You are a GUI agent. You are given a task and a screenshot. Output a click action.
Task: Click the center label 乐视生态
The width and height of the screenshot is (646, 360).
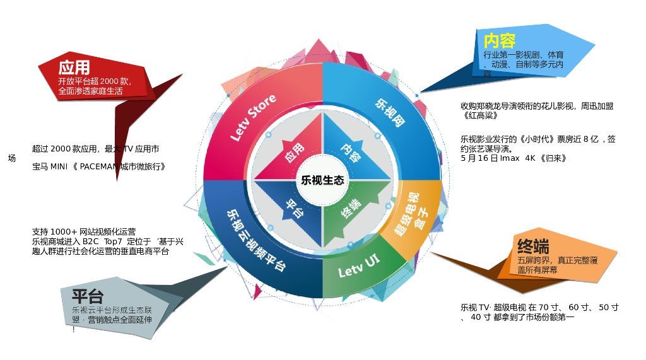323,180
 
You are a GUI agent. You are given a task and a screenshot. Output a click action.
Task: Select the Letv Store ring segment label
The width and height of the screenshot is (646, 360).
253,118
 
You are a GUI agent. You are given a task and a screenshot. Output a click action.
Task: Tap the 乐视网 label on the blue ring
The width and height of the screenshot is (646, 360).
390,113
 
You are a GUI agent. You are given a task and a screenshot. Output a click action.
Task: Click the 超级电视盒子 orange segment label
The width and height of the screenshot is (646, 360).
411,214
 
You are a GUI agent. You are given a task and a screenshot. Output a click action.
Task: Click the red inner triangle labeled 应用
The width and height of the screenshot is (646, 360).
294,153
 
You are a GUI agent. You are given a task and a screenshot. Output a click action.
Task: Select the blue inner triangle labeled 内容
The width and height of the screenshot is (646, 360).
351,153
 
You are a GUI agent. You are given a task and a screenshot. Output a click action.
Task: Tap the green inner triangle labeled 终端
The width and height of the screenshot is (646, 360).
351,208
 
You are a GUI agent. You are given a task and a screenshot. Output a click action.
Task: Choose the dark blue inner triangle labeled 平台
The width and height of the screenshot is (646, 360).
294,208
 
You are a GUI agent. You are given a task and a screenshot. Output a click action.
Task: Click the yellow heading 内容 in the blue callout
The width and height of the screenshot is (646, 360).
500,41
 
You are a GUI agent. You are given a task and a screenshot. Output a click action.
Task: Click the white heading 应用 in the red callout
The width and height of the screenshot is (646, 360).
74,67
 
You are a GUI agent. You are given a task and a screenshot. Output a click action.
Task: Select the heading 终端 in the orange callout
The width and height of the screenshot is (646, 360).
533,247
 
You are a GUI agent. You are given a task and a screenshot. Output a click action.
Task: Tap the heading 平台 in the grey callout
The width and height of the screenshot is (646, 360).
88,296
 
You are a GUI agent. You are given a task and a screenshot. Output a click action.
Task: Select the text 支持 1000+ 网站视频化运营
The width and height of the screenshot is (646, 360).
84,231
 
